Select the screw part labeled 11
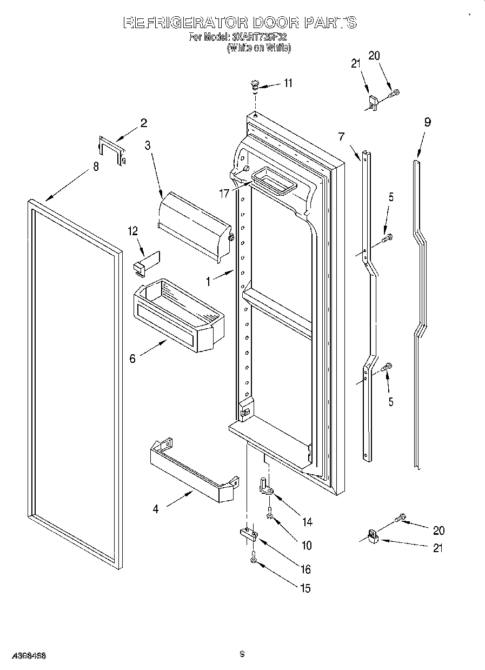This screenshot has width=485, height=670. (254, 84)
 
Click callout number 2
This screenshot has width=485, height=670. (143, 123)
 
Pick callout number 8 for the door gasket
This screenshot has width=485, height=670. (96, 167)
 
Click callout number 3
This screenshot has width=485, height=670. (148, 145)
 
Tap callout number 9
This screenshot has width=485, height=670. (427, 123)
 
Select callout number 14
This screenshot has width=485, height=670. (307, 522)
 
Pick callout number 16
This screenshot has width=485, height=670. (306, 569)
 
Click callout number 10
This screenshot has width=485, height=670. (306, 546)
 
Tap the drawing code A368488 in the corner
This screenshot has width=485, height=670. (23, 655)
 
